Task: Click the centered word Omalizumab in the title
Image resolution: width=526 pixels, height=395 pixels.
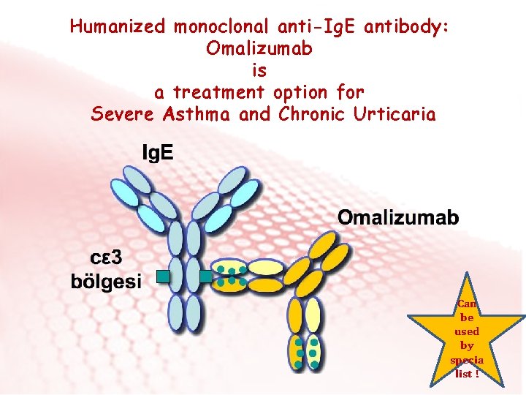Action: click(x=260, y=49)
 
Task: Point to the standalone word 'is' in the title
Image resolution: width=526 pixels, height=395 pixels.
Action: click(x=259, y=71)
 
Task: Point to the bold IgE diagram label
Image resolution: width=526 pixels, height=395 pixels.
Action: click(x=157, y=154)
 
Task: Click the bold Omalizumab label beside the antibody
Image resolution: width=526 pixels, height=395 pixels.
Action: click(x=398, y=217)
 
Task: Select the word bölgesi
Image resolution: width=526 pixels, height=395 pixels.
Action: click(x=107, y=282)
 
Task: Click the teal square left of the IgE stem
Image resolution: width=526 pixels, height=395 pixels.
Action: click(x=163, y=276)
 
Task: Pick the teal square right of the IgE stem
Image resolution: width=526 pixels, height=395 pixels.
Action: click(x=206, y=276)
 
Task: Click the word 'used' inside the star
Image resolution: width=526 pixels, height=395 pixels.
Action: click(x=467, y=331)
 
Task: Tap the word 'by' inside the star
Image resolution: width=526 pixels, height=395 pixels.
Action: click(x=467, y=345)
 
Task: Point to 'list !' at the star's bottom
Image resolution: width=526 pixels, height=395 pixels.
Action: click(x=467, y=373)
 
